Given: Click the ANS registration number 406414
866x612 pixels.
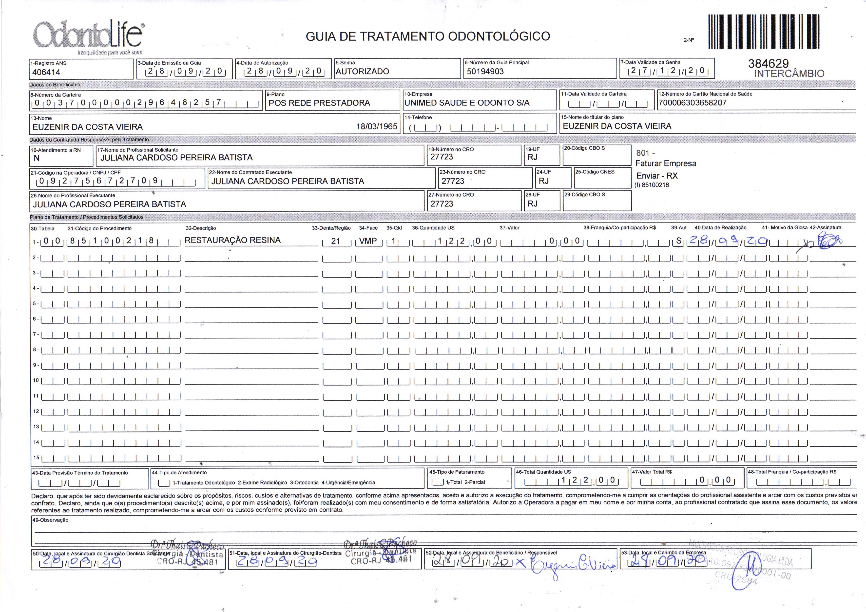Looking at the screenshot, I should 46,72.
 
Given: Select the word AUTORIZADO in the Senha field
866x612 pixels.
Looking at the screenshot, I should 362,71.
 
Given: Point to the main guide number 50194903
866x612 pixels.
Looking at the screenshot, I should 485,71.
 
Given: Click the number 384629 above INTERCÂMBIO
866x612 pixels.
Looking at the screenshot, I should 768,64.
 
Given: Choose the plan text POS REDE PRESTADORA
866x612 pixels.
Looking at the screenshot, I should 319,103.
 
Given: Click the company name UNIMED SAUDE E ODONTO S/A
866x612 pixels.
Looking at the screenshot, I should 467,103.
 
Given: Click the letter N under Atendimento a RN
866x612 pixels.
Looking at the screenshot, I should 37,158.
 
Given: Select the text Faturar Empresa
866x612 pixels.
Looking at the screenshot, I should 666,163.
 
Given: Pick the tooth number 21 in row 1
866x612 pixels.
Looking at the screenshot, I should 335,241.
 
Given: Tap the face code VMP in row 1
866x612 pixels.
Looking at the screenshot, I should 368,241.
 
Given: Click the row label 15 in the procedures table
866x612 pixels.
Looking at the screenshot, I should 36,458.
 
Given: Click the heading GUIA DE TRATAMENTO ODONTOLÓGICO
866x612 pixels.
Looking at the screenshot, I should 427,36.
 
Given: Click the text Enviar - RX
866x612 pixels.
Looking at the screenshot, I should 657,176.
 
